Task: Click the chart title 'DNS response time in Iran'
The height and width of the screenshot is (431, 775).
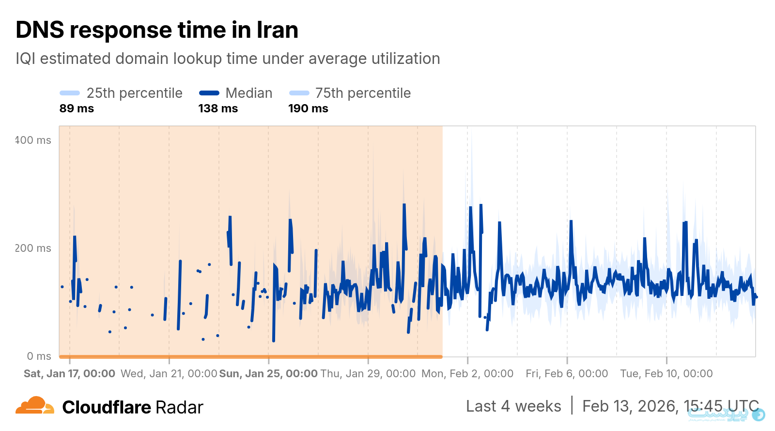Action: pyautogui.click(x=157, y=30)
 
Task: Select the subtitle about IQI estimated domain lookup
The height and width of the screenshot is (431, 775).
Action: pyautogui.click(x=228, y=59)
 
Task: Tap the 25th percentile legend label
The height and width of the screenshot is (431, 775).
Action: pyautogui.click(x=134, y=93)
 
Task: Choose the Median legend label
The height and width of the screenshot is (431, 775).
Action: pyautogui.click(x=248, y=93)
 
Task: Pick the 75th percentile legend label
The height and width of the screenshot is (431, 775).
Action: pyautogui.click(x=363, y=93)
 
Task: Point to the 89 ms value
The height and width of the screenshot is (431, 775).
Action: pyautogui.click(x=77, y=108)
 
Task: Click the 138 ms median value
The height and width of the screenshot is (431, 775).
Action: pyautogui.click(x=218, y=108)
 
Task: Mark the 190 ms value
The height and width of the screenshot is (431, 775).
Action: pyautogui.click(x=308, y=108)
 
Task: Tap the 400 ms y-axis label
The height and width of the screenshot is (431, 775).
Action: pyautogui.click(x=33, y=140)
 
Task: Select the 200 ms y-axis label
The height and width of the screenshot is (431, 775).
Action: pyautogui.click(x=33, y=248)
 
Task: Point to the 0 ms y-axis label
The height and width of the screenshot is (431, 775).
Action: pyautogui.click(x=39, y=356)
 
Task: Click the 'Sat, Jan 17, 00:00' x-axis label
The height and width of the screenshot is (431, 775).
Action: pyautogui.click(x=69, y=374)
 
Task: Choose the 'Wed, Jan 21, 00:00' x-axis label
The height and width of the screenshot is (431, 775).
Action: pyautogui.click(x=169, y=374)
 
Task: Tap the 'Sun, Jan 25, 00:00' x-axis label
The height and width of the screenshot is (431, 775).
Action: pyautogui.click(x=268, y=374)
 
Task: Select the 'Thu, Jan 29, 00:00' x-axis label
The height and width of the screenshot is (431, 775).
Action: pyautogui.click(x=368, y=374)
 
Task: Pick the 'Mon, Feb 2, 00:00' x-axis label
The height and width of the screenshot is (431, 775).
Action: pyautogui.click(x=467, y=374)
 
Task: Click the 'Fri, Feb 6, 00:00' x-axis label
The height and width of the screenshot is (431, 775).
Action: pyautogui.click(x=567, y=374)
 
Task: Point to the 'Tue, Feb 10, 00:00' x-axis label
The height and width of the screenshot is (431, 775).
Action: pyautogui.click(x=666, y=374)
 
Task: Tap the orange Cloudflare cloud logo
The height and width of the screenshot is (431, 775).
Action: pyautogui.click(x=34, y=406)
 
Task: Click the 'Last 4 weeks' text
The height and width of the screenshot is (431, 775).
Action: pyautogui.click(x=513, y=406)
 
